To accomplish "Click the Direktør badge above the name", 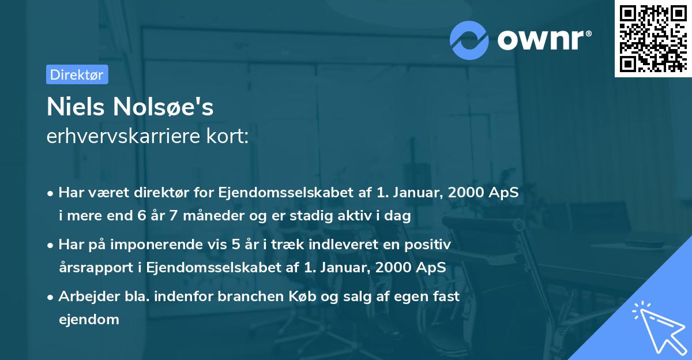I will point(77,74).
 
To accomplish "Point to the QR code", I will point(652,38).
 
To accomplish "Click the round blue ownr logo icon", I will point(469,40).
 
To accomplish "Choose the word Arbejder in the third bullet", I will point(84,297).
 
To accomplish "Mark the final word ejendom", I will point(89,319).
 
